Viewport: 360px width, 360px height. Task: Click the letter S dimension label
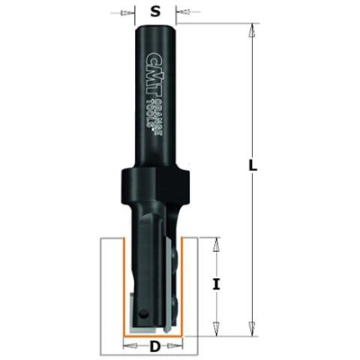157,13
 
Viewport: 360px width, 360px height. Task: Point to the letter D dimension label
156,346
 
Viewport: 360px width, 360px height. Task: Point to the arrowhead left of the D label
129,346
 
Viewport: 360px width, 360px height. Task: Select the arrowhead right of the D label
184,346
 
